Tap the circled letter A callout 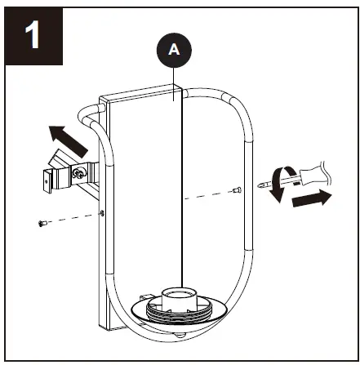[173, 49]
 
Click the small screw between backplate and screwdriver [235, 191]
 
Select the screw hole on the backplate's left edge [100, 212]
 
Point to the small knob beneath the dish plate [180, 336]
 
